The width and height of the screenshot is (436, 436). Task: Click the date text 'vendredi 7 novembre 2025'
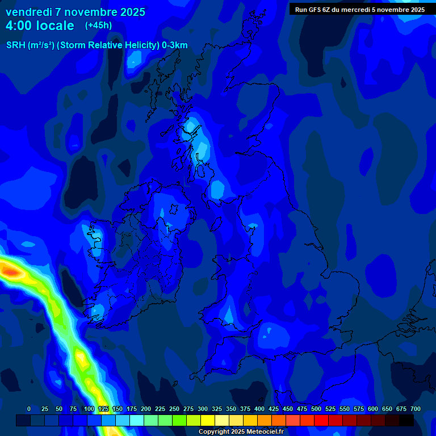(x=76, y=12)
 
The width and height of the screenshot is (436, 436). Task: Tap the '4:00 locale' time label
(x=40, y=26)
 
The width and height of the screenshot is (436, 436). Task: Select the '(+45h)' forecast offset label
(x=98, y=25)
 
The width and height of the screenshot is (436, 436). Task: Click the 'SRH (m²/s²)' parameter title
(x=30, y=45)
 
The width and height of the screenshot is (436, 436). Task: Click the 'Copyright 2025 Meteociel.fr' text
(x=241, y=431)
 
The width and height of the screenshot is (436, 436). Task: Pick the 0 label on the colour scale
(x=29, y=409)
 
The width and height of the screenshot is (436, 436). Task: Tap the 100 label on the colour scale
(x=89, y=409)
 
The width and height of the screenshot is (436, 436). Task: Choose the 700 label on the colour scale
(x=416, y=409)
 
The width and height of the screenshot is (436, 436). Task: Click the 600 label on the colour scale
(x=373, y=409)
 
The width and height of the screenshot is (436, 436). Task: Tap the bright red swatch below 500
(x=321, y=420)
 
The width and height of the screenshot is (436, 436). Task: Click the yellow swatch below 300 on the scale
(x=208, y=420)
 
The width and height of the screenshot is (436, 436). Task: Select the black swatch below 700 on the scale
(x=406, y=420)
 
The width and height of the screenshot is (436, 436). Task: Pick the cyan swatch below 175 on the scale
(x=137, y=420)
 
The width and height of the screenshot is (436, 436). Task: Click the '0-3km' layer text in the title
(x=175, y=45)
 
